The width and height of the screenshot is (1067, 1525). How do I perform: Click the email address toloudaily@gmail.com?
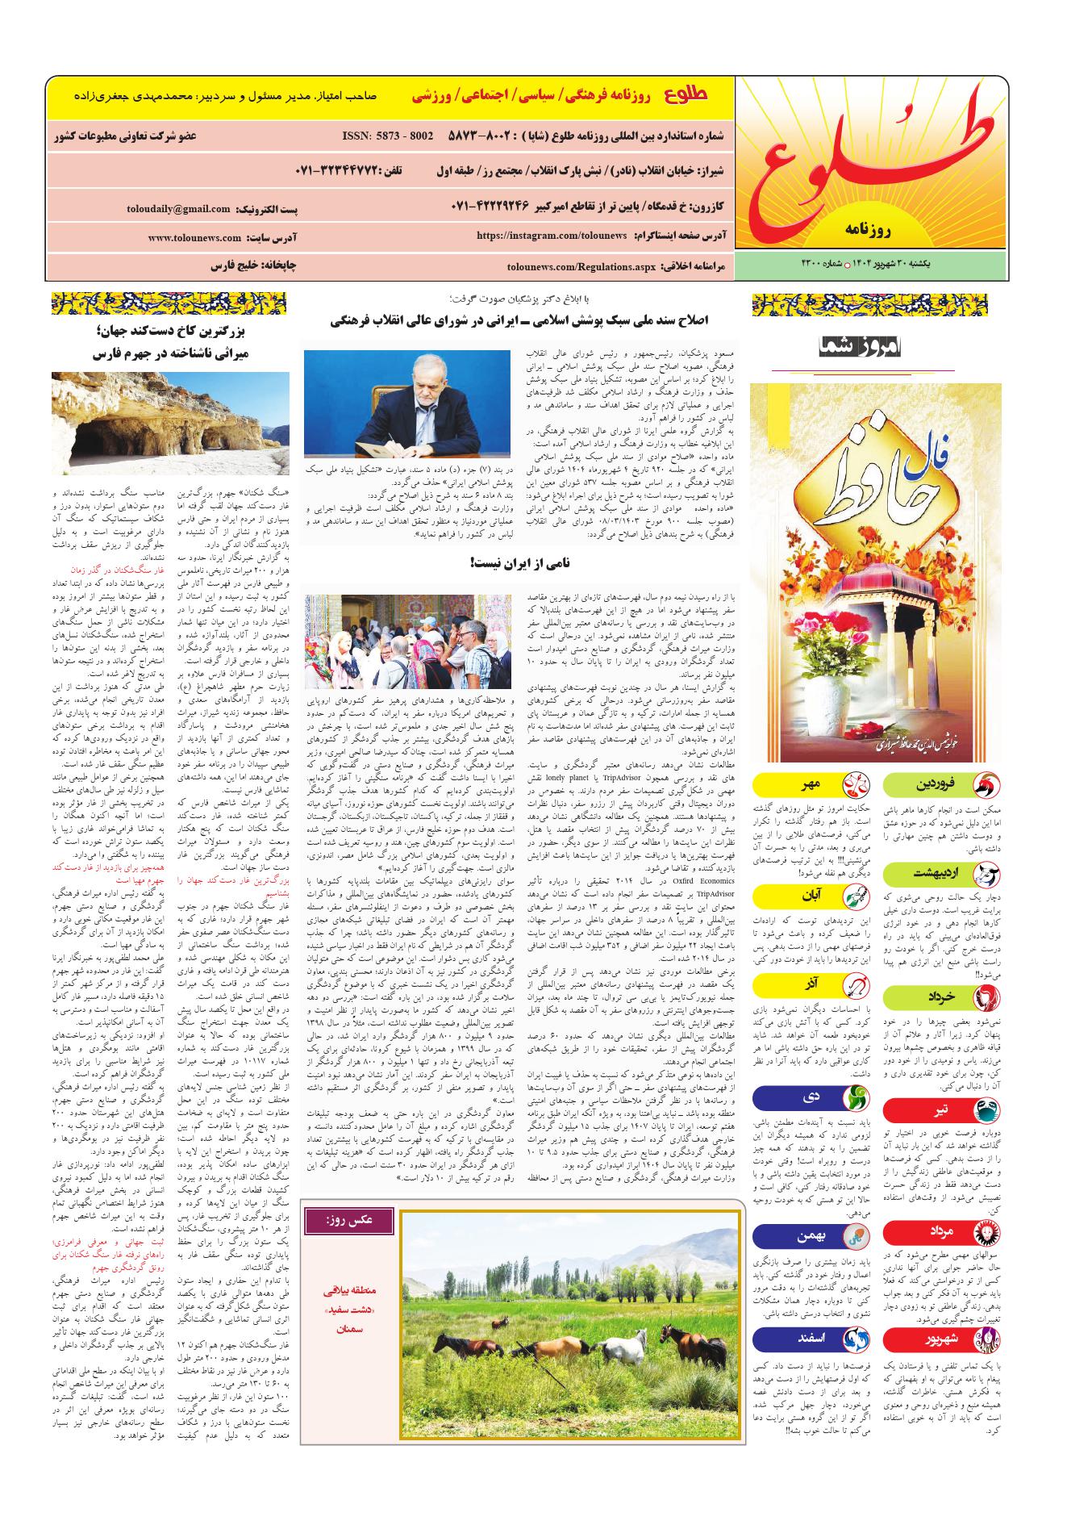click(x=178, y=209)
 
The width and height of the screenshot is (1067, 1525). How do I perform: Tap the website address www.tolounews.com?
click(x=194, y=238)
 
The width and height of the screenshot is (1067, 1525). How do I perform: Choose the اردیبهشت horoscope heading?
click(x=936, y=874)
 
